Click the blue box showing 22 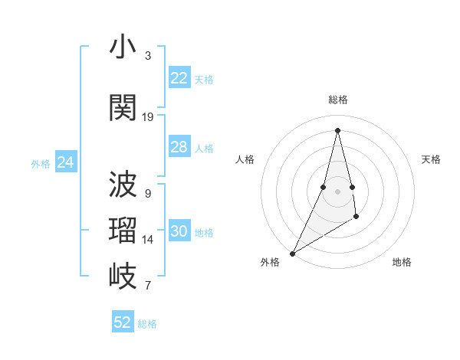[x=179, y=78]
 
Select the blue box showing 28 [x=179, y=147]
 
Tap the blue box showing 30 [x=179, y=232]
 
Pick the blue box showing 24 [x=65, y=162]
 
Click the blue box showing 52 [x=123, y=322]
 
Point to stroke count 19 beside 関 [x=148, y=117]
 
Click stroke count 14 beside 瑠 [x=148, y=240]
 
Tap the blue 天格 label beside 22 [x=204, y=80]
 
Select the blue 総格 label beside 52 [x=147, y=324]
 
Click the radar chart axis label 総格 [x=338, y=100]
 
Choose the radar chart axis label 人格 [x=245, y=159]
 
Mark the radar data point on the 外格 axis [x=292, y=253]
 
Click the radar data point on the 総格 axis [x=337, y=129]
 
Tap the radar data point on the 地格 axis [x=356, y=218]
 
